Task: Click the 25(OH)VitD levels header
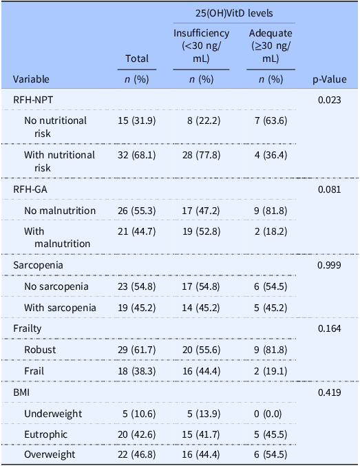tap(234, 13)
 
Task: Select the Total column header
tap(137, 59)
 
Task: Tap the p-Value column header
tap(330, 79)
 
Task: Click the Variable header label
tap(31, 79)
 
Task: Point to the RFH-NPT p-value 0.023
tap(330, 100)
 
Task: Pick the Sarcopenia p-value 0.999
tap(330, 265)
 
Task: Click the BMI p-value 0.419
tap(330, 392)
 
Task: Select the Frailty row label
tap(28, 329)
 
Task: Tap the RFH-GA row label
tap(30, 189)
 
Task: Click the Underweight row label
tap(53, 414)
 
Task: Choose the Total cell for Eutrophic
tap(137, 434)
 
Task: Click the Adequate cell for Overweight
tap(271, 455)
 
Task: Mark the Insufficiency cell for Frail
tap(201, 371)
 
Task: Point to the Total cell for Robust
tap(137, 350)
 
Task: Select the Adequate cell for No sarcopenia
tap(271, 286)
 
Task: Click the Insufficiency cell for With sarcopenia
tap(201, 308)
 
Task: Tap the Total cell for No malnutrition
tap(137, 211)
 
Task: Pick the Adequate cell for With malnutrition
tap(271, 231)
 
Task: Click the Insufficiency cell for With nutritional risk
tap(201, 155)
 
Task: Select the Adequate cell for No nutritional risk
tap(271, 120)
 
